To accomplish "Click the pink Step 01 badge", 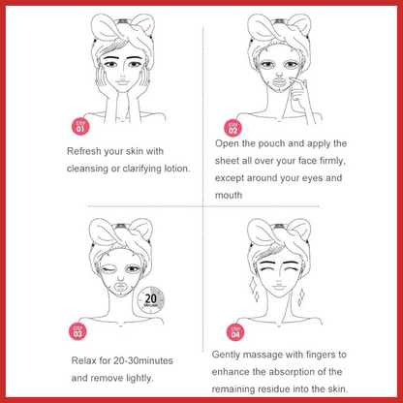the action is [x=80, y=127].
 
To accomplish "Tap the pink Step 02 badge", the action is [x=232, y=128].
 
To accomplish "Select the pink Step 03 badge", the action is [x=77, y=331].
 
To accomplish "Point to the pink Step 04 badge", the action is [x=235, y=332].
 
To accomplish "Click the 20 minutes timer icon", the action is [x=150, y=299].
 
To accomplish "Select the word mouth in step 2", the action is [x=229, y=195].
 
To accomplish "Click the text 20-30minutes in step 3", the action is [x=143, y=360].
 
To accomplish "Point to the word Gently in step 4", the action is [x=226, y=355].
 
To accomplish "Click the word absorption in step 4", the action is [x=293, y=372].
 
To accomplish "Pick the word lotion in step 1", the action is [x=177, y=169].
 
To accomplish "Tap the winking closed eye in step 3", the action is [x=108, y=269].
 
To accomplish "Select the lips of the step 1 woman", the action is [x=122, y=80].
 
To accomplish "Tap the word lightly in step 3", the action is [x=139, y=378].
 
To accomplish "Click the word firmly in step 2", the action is [x=332, y=161].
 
